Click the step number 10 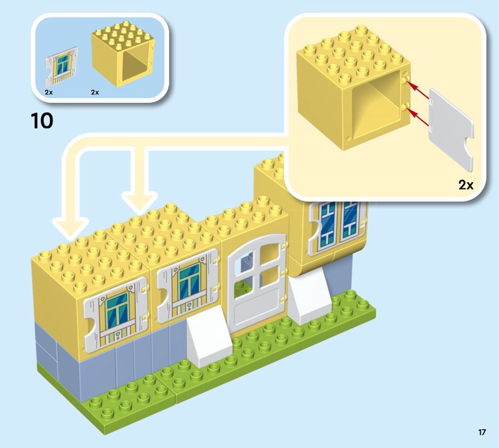[42, 120]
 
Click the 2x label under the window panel [49, 92]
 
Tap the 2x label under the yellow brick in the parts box [95, 92]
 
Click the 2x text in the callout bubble [466, 185]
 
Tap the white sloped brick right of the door [309, 298]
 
